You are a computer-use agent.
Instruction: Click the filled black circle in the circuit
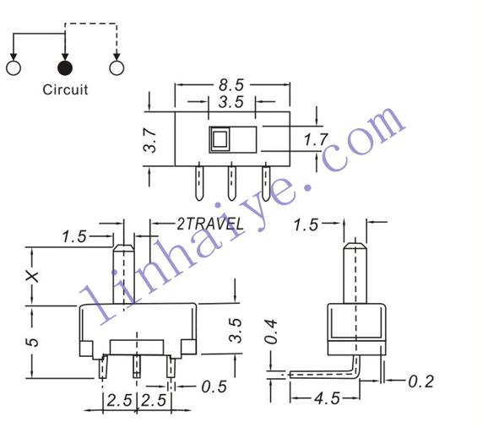pyautogui.click(x=65, y=68)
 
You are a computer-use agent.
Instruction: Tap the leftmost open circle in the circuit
pyautogui.click(x=14, y=68)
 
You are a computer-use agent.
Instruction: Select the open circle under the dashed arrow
pyautogui.click(x=117, y=68)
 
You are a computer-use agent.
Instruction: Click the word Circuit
pyautogui.click(x=65, y=89)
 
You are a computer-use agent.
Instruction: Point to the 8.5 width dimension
pyautogui.click(x=231, y=84)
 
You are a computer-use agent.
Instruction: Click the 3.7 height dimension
pyautogui.click(x=150, y=140)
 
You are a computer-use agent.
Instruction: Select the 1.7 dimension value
pyautogui.click(x=316, y=139)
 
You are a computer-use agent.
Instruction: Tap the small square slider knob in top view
pyautogui.click(x=220, y=138)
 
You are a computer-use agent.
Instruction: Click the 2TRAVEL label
pyautogui.click(x=210, y=224)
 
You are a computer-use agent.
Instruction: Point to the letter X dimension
pyautogui.click(x=32, y=277)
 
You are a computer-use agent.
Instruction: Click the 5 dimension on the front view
pyautogui.click(x=33, y=342)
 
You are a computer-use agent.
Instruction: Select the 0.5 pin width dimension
pyautogui.click(x=214, y=386)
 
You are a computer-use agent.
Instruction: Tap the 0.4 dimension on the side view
pyautogui.click(x=271, y=332)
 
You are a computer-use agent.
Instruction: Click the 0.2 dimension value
pyautogui.click(x=421, y=381)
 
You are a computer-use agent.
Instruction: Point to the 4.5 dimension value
pyautogui.click(x=327, y=398)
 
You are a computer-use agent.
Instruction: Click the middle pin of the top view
pyautogui.click(x=231, y=183)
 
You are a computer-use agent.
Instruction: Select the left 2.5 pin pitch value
pyautogui.click(x=120, y=400)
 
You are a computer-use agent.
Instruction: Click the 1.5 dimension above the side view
pyautogui.click(x=306, y=224)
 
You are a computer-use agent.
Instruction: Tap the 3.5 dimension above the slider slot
pyautogui.click(x=231, y=102)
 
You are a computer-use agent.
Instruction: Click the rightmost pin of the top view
pyautogui.click(x=266, y=183)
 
